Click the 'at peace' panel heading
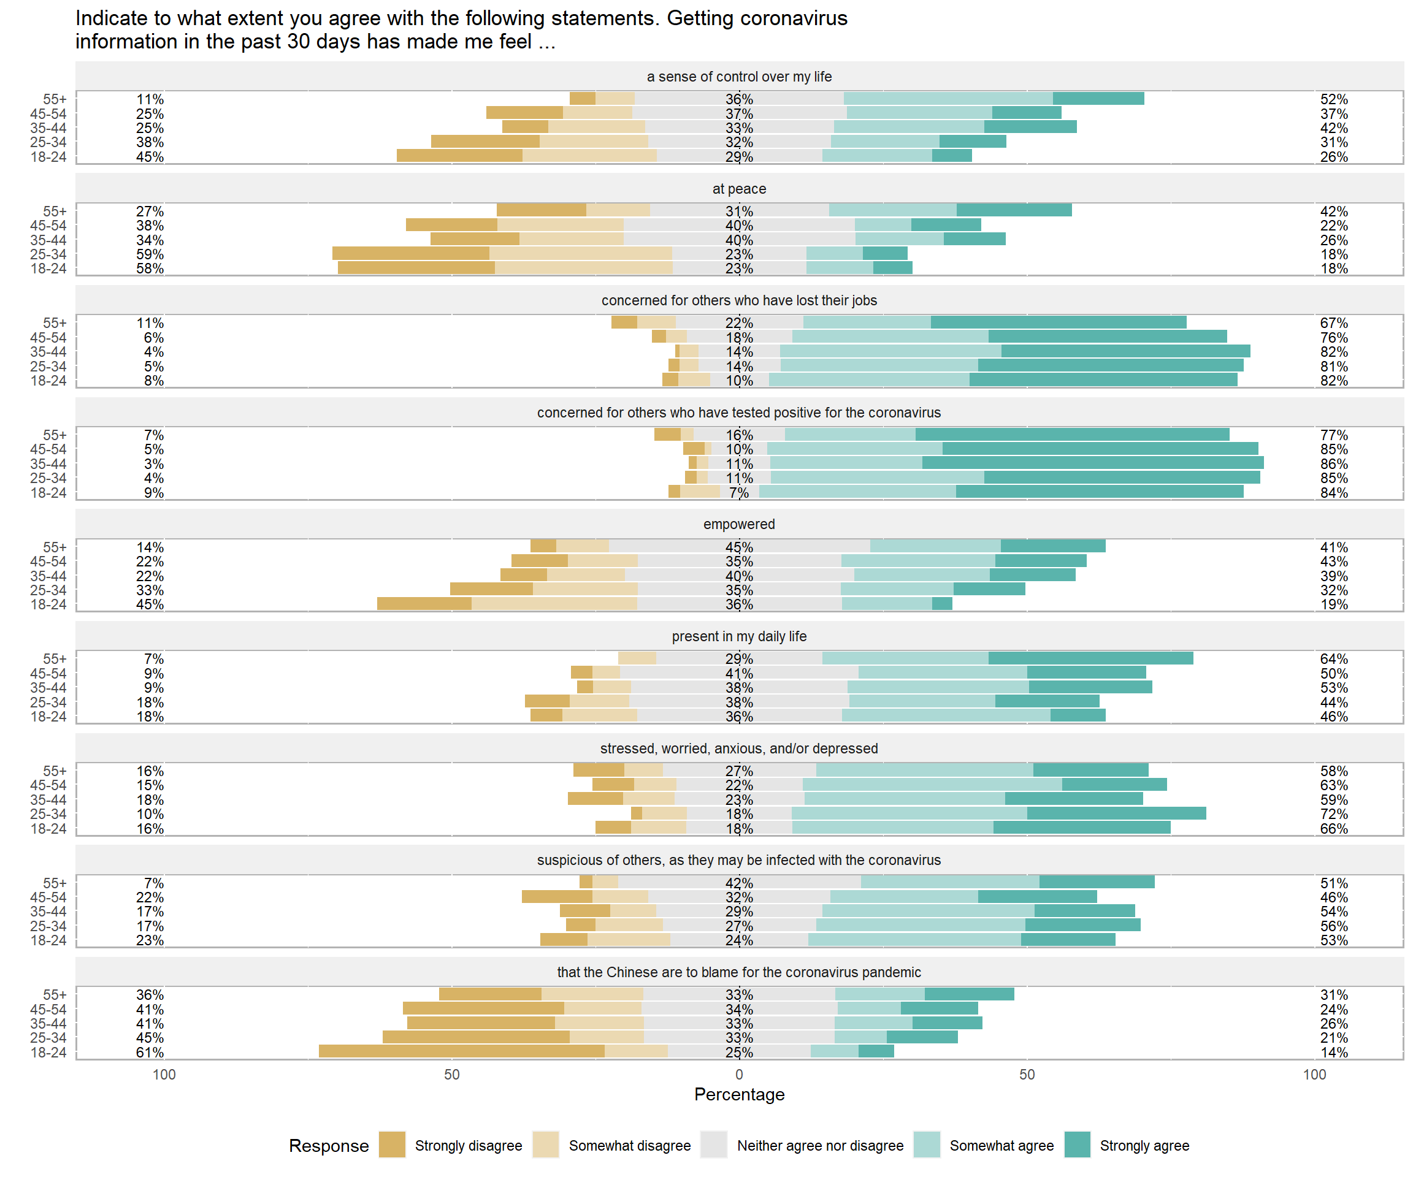click(x=739, y=189)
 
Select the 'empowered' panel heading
click(x=739, y=524)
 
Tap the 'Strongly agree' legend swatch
click(x=1078, y=1145)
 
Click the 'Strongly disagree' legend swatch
click(x=392, y=1145)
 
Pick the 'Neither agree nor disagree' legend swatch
click(x=714, y=1145)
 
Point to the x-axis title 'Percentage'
click(x=739, y=1094)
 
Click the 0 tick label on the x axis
click(x=739, y=1074)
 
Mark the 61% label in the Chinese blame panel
click(x=150, y=1053)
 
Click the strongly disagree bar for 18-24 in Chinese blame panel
click(x=462, y=1051)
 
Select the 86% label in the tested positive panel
click(x=1334, y=464)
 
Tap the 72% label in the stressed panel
click(x=1334, y=815)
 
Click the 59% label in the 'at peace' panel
click(x=150, y=254)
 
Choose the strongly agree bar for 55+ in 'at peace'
click(x=1014, y=210)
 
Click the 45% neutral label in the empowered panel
click(x=739, y=547)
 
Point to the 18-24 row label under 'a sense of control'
click(x=48, y=157)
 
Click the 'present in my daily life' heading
click(x=739, y=636)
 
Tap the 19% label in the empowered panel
click(x=1334, y=604)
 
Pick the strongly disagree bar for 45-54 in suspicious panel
click(x=557, y=896)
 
